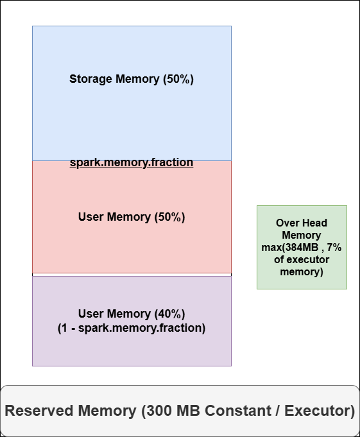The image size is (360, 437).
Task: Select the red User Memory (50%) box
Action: (x=132, y=244)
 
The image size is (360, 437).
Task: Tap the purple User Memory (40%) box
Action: (x=132, y=347)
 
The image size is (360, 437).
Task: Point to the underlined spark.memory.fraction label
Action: (x=132, y=162)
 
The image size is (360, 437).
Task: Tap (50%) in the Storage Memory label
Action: (x=178, y=80)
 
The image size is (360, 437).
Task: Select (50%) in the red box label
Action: (x=170, y=217)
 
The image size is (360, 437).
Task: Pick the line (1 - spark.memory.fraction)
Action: (x=132, y=328)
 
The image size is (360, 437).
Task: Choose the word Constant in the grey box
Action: (x=237, y=411)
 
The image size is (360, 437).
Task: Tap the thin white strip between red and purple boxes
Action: (x=132, y=275)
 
